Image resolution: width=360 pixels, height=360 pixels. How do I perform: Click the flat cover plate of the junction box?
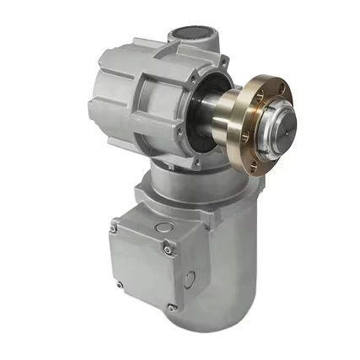142,266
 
